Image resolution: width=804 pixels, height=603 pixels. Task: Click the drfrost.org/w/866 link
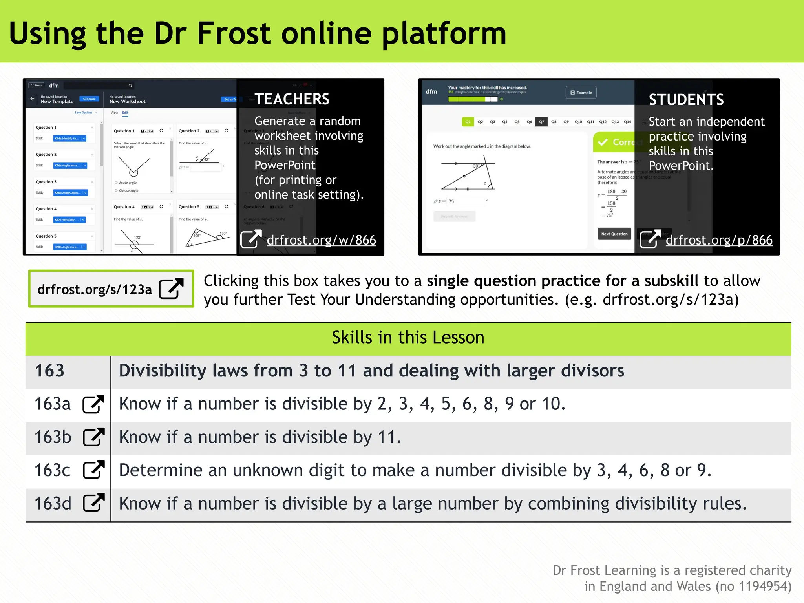click(x=321, y=240)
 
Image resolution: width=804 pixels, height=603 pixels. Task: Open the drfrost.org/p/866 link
click(x=719, y=240)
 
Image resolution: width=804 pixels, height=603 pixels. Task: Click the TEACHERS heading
click(x=292, y=99)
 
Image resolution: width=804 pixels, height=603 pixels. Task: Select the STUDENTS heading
click(x=686, y=100)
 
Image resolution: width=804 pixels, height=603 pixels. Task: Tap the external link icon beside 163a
click(x=93, y=404)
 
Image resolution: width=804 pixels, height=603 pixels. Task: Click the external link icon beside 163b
click(x=94, y=437)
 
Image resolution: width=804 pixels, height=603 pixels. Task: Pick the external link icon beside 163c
click(x=94, y=470)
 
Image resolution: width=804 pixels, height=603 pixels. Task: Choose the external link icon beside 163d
click(x=94, y=503)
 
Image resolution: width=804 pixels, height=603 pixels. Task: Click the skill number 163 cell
click(x=50, y=371)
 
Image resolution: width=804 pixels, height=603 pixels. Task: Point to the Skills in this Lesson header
click(x=408, y=338)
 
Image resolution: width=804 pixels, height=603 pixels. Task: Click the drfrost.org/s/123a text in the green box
click(x=95, y=289)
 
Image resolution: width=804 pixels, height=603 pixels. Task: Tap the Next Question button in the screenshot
click(x=614, y=234)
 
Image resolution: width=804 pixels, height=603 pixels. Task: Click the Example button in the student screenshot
click(x=581, y=93)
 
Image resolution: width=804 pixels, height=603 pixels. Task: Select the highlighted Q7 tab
click(x=541, y=122)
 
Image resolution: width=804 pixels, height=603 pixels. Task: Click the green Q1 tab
click(x=468, y=122)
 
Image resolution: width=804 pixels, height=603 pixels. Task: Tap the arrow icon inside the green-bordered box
click(x=171, y=289)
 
